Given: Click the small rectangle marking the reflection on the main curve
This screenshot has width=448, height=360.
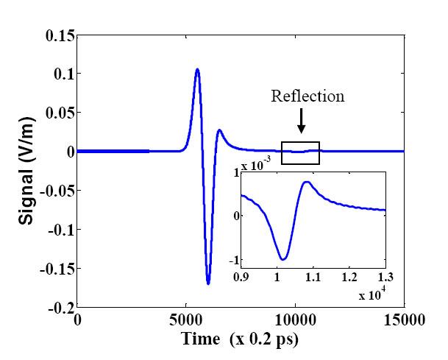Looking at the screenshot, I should click(300, 152).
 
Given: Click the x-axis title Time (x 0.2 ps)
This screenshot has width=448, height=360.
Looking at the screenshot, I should click(241, 339).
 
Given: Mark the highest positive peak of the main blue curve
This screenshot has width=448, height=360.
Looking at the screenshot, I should click(197, 70).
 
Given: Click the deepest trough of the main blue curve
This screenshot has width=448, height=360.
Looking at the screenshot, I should click(208, 283).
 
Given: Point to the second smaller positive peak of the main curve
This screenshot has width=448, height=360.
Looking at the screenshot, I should click(219, 131).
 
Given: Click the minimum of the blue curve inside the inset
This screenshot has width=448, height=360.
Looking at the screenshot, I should click(282, 259).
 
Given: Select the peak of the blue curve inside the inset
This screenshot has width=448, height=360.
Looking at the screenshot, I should click(306, 182).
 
